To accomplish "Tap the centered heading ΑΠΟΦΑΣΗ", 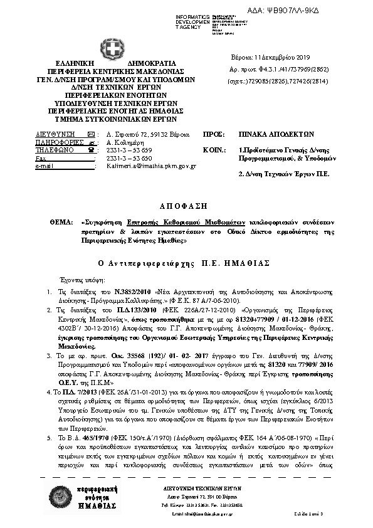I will [x=186, y=205].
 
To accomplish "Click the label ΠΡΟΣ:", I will [x=214, y=134].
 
